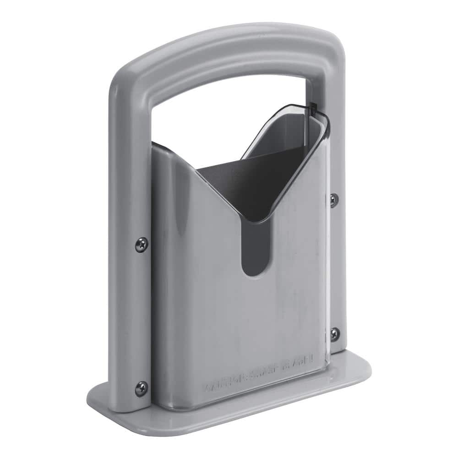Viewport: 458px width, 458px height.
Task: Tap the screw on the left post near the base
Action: tap(141, 389)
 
